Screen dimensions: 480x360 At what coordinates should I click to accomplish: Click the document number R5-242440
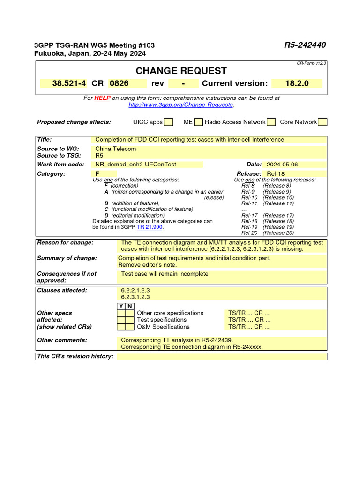click(305, 45)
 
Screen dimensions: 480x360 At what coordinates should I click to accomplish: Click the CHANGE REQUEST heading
click(181, 71)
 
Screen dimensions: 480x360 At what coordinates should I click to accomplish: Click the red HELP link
click(102, 98)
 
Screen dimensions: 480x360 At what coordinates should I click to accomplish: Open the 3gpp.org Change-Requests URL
click(180, 105)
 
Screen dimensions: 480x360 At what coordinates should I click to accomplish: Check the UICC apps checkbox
click(169, 122)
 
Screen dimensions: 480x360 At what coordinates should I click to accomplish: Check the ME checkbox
click(198, 122)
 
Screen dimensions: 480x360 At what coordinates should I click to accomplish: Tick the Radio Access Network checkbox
click(271, 122)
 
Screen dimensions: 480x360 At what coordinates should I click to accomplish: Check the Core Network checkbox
click(322, 122)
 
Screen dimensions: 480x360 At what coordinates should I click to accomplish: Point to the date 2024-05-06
click(282, 165)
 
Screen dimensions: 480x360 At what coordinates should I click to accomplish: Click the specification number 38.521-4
click(69, 83)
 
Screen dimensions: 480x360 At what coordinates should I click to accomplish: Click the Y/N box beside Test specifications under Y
click(121, 320)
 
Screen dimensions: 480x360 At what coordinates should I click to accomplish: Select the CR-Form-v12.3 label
click(311, 63)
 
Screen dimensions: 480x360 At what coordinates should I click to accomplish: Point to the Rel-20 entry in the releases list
click(249, 232)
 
